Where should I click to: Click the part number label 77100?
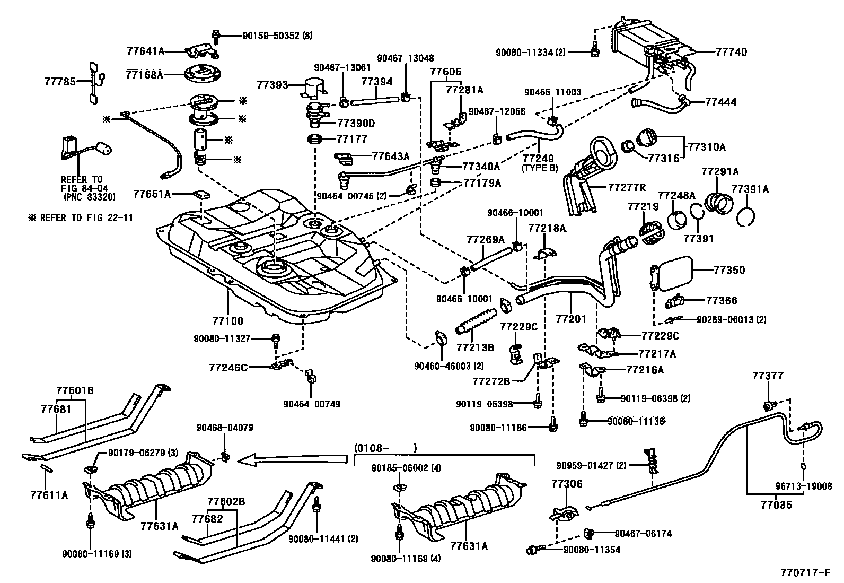point(227,321)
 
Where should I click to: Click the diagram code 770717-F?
point(806,573)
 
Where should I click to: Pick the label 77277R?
point(627,187)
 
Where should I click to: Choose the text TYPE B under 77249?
point(540,168)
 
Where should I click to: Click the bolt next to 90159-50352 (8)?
point(216,36)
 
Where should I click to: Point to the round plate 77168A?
point(203,74)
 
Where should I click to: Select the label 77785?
point(59,82)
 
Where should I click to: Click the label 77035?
point(776,506)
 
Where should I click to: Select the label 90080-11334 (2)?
point(531,52)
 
